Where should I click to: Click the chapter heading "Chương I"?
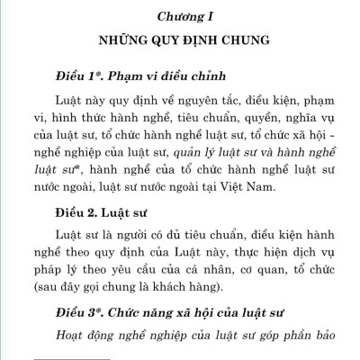click(179, 16)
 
